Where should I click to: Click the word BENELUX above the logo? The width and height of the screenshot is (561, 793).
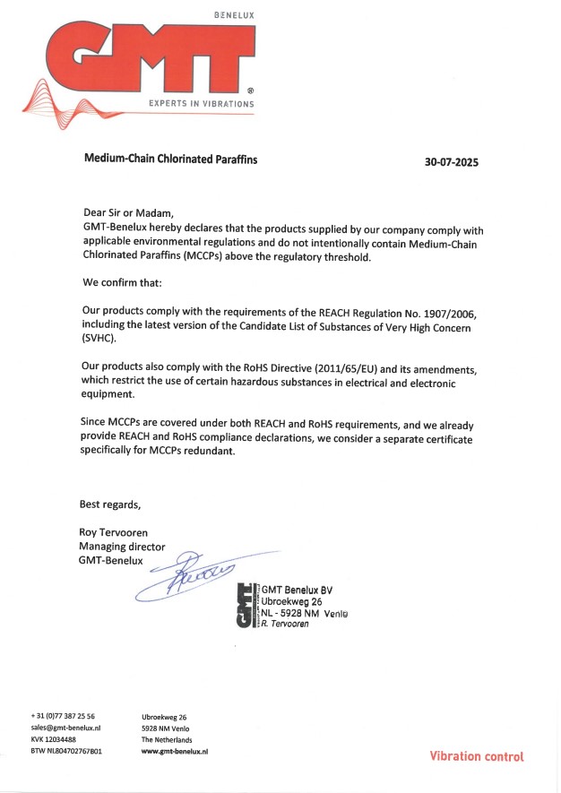pyautogui.click(x=235, y=16)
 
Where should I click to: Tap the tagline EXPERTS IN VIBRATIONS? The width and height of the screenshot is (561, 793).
pyautogui.click(x=202, y=104)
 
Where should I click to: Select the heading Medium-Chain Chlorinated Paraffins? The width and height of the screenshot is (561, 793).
pyautogui.click(x=170, y=159)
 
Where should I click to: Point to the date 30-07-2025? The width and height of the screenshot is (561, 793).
pyautogui.click(x=452, y=163)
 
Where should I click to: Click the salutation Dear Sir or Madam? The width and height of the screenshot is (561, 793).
pyautogui.click(x=125, y=212)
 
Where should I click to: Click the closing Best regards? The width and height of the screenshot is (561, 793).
pyautogui.click(x=111, y=503)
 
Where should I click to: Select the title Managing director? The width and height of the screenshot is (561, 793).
pyautogui.click(x=122, y=547)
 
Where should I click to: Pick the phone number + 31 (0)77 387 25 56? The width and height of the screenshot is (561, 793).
pyautogui.click(x=63, y=717)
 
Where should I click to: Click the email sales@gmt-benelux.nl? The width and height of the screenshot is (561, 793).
pyautogui.click(x=65, y=728)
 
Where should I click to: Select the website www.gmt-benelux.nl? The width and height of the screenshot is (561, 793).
pyautogui.click(x=174, y=752)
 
